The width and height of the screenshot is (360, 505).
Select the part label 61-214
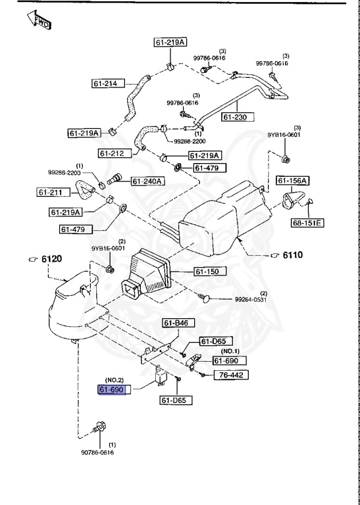pyautogui.click(x=107, y=84)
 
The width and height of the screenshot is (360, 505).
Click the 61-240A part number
pyautogui.click(x=147, y=181)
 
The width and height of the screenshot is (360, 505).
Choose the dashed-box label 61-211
pyautogui.click(x=51, y=193)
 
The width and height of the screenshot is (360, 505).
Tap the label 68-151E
pyautogui.click(x=307, y=223)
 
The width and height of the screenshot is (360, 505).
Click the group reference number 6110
pyautogui.click(x=292, y=254)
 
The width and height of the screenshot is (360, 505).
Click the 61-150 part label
pyautogui.click(x=209, y=271)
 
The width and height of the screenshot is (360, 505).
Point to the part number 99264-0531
pyautogui.click(x=251, y=300)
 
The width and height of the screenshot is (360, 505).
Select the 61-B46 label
pyautogui.click(x=177, y=323)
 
